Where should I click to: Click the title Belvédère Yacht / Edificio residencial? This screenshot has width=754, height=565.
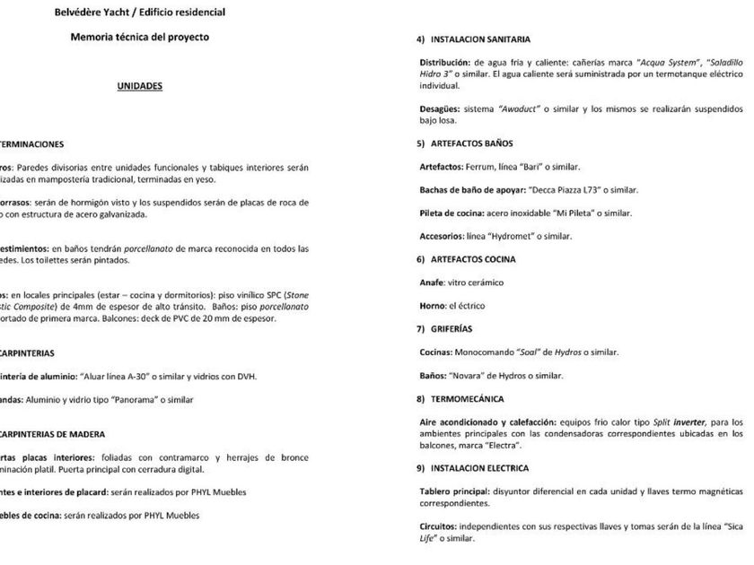139,13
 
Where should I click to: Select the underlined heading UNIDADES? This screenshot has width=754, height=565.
139,87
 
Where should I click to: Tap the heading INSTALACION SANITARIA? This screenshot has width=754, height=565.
480,40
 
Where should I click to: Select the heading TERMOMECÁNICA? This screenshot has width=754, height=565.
467,398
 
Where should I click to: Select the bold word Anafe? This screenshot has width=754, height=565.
433,282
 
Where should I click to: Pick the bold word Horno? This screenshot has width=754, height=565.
434,306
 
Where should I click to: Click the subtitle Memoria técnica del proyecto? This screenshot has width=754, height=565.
139,37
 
